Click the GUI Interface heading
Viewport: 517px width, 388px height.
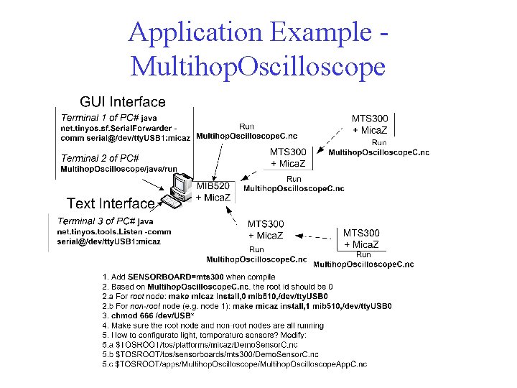(122, 103)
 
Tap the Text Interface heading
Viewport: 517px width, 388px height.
(111, 203)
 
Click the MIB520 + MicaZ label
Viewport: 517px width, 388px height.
(213, 192)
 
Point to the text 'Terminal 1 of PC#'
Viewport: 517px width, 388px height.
(99, 117)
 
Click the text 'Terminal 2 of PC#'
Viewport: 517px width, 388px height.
(100, 158)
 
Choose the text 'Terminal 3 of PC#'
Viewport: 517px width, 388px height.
(96, 221)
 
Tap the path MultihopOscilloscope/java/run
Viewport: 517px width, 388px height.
(118, 169)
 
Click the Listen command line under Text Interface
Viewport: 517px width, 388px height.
(114, 231)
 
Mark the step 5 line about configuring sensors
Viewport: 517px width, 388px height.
(205, 335)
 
